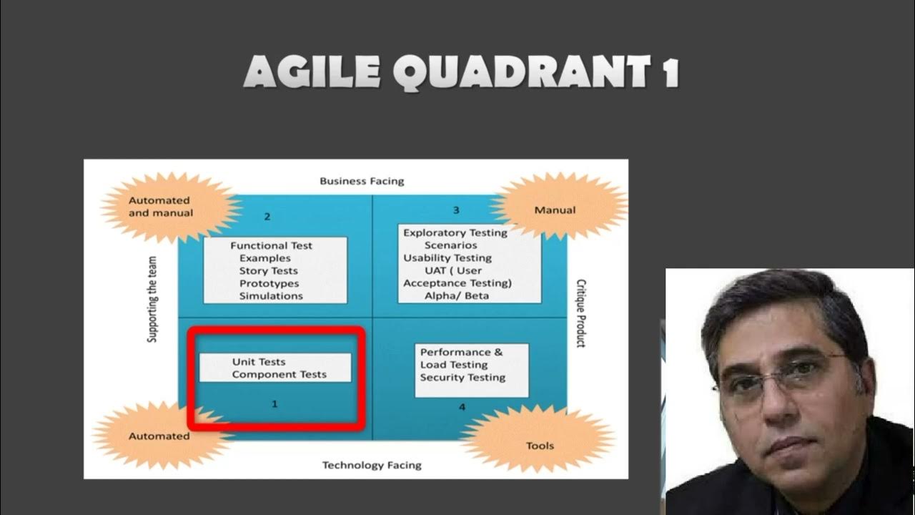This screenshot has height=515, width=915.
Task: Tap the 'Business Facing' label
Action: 362,181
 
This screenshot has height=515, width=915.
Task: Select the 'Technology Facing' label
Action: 372,465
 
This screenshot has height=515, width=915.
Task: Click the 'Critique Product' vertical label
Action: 580,313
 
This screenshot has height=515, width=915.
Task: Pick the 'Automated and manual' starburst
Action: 161,207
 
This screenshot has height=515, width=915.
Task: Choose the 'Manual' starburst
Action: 555,210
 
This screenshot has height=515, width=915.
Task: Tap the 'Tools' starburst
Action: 540,446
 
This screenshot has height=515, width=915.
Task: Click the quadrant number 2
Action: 267,216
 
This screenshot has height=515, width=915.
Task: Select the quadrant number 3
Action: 456,210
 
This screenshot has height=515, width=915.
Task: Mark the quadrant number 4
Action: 462,407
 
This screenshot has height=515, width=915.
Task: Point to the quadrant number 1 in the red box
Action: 274,404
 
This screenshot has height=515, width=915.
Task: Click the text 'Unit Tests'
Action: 259,362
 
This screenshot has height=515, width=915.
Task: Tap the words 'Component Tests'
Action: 279,374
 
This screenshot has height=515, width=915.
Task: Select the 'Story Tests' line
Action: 268,270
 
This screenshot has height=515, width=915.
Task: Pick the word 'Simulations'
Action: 271,295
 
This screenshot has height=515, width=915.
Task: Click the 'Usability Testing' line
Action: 447,257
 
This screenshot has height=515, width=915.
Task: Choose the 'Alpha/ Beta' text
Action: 456,295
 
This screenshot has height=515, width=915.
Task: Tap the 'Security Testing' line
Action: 463,377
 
